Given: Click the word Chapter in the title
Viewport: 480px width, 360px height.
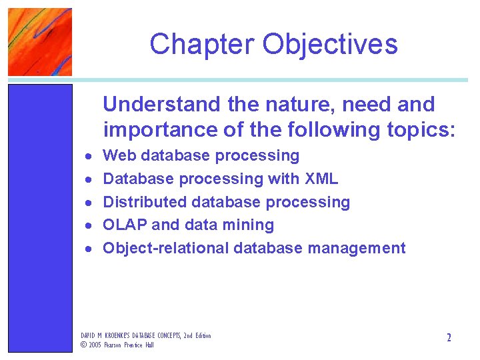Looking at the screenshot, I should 202,45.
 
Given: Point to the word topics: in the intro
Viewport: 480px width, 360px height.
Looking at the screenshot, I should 421,129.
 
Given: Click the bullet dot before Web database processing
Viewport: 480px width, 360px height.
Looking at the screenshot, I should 88,157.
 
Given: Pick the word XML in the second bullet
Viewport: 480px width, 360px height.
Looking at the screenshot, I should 321,179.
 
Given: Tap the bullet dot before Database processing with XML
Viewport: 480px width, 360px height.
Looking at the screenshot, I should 88,180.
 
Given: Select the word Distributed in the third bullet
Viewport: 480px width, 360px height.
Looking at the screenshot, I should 145,202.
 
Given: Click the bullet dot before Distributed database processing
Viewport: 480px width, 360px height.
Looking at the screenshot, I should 88,203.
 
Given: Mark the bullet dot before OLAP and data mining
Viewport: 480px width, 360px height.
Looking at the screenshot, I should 88,226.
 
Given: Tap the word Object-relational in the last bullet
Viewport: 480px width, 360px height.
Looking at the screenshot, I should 165,249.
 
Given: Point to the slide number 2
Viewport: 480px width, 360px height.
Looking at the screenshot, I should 449,338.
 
